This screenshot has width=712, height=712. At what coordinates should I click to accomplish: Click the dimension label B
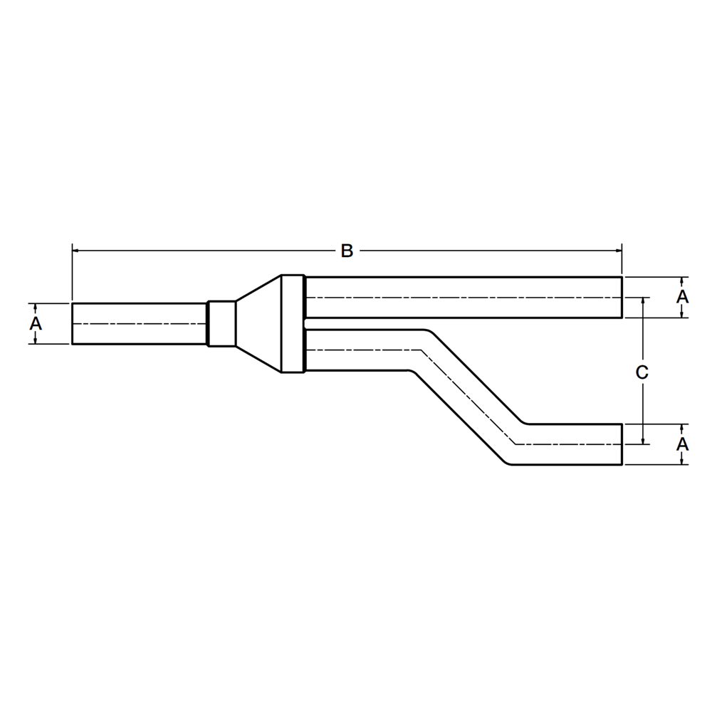click(347, 251)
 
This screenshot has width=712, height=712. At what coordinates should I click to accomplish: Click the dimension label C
click(642, 372)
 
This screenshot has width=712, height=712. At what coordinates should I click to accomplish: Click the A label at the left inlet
click(36, 324)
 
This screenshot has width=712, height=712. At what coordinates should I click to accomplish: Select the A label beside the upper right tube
click(682, 296)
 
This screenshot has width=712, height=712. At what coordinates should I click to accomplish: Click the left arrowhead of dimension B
click(76, 251)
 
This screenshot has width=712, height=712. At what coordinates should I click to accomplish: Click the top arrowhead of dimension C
click(643, 301)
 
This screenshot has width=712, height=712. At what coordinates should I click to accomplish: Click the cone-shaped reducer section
click(258, 324)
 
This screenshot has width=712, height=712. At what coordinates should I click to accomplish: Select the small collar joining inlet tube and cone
click(221, 324)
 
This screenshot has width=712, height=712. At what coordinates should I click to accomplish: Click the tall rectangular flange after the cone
click(293, 324)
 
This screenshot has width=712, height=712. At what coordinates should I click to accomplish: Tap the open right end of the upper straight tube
click(622, 297)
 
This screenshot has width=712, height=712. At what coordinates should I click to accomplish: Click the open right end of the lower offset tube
click(622, 444)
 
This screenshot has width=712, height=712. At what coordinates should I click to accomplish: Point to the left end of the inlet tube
click(73, 324)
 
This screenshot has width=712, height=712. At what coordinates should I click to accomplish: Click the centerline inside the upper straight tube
click(463, 297)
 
